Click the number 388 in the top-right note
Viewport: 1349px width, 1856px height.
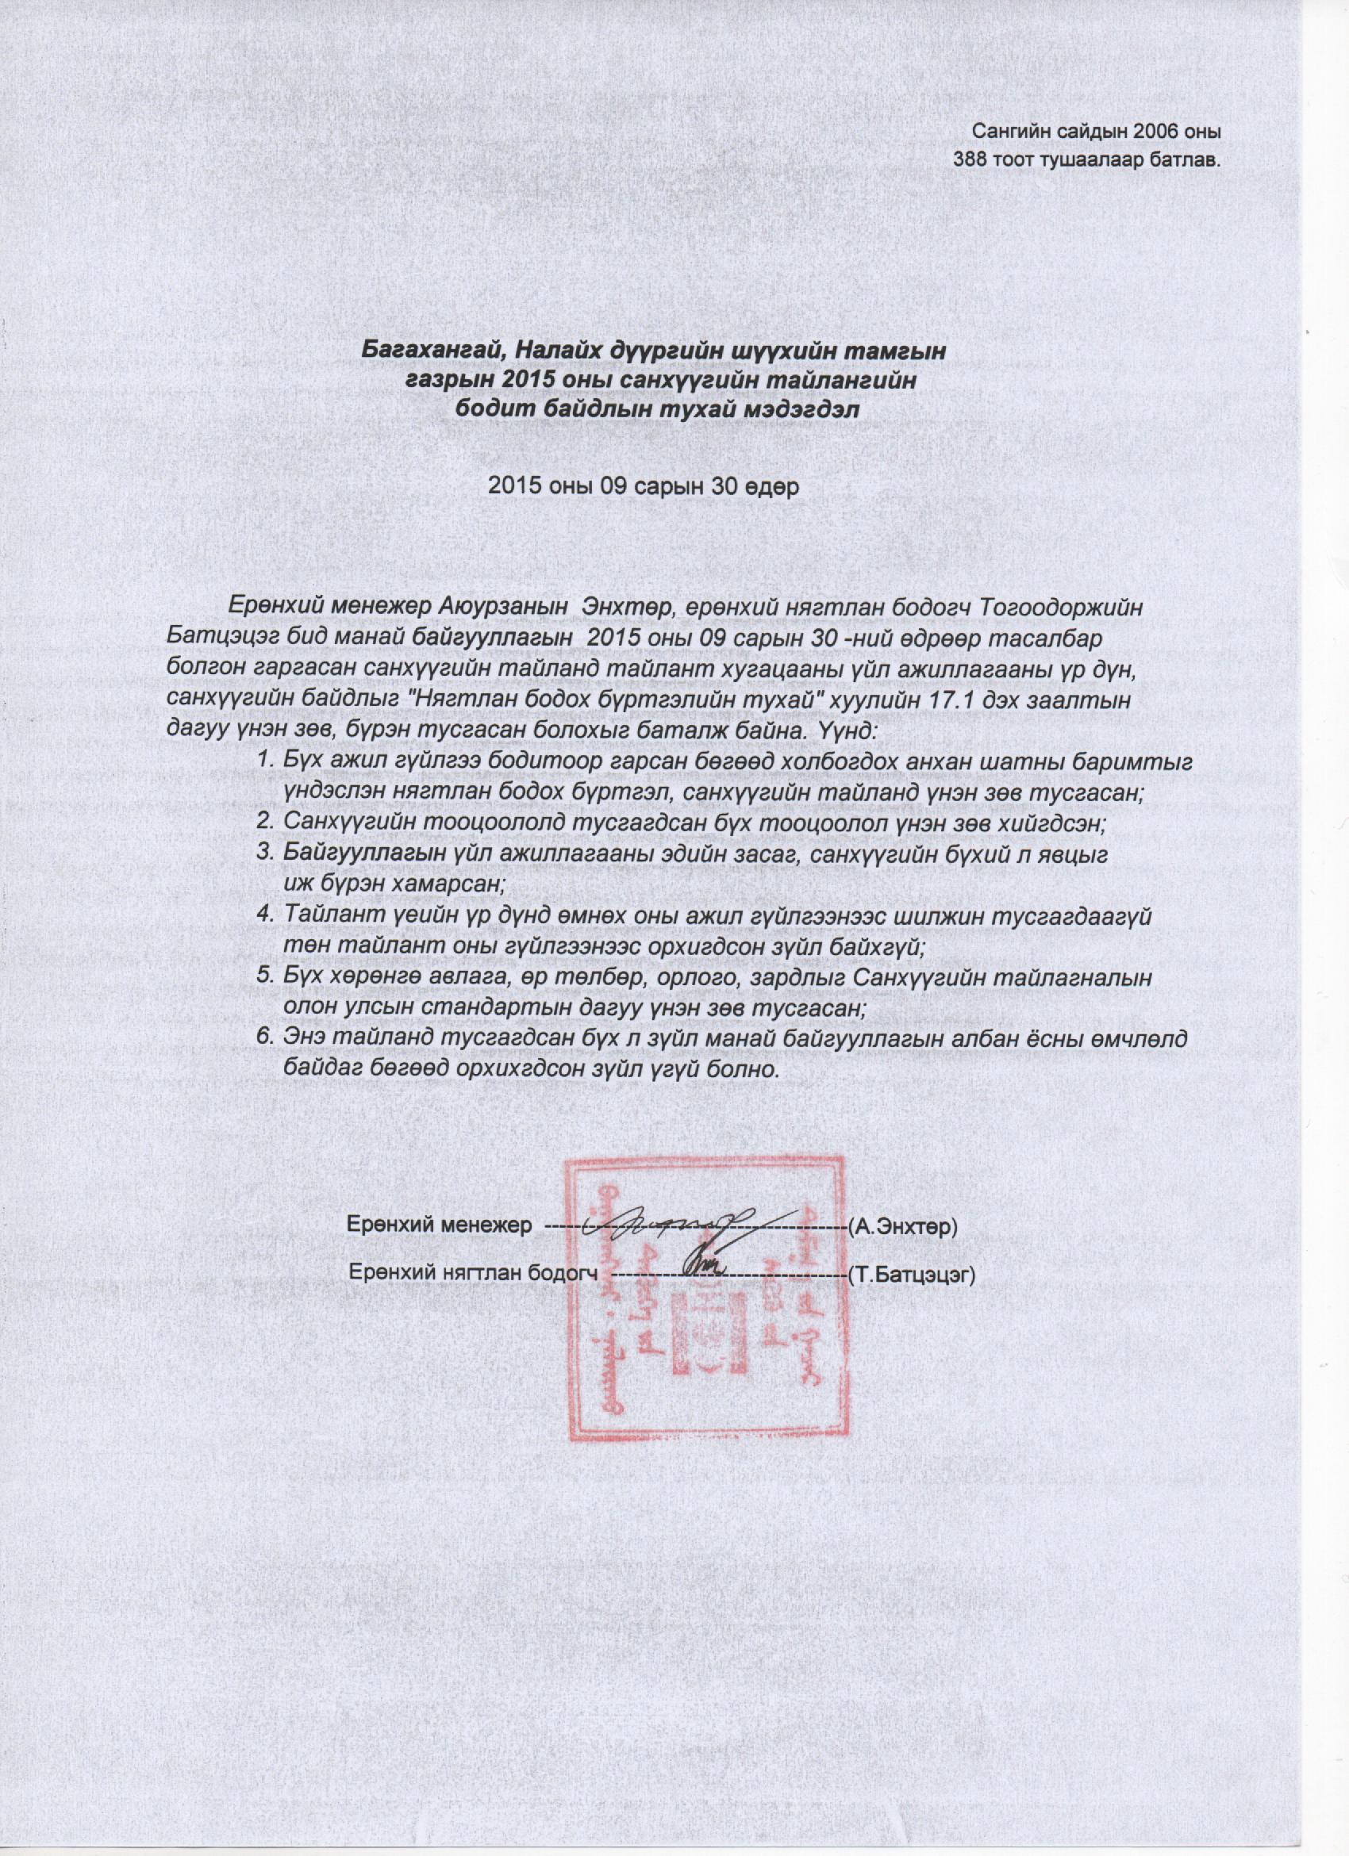tap(971, 158)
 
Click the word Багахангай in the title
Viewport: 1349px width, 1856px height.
tap(425, 353)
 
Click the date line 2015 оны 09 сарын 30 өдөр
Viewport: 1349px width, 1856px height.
tap(643, 485)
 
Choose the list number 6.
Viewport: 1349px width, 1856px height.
tap(263, 1038)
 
